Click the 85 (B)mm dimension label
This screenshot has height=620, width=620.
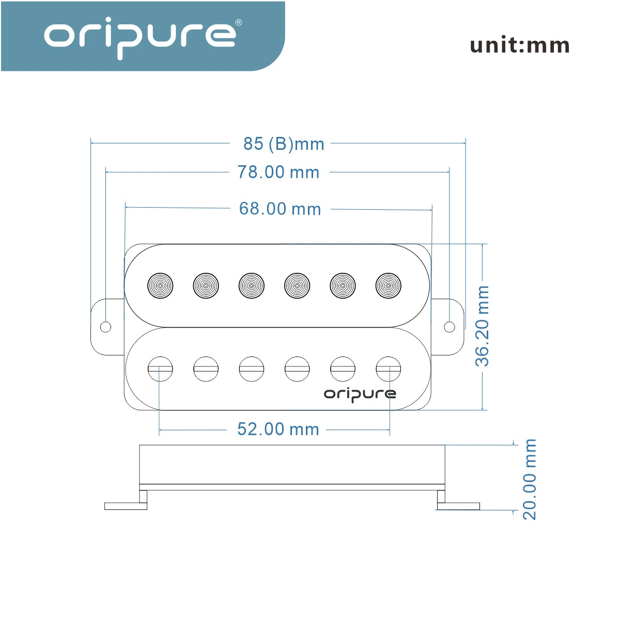(x=284, y=144)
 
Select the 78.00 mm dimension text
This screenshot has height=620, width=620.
(x=278, y=172)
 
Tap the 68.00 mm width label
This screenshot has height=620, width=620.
(x=280, y=209)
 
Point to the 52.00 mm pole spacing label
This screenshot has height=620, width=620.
(x=278, y=429)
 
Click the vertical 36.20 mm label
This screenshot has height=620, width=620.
(x=482, y=326)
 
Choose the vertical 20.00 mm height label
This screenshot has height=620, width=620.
(x=530, y=479)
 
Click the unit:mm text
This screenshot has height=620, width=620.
(x=520, y=45)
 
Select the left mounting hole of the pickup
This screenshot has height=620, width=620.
(x=105, y=327)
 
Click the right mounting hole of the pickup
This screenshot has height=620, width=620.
(x=449, y=327)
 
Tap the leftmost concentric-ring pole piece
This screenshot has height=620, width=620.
(x=160, y=286)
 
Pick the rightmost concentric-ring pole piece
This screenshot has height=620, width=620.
(x=389, y=286)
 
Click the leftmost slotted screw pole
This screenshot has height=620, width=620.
(x=160, y=369)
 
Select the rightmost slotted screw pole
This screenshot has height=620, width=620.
(x=389, y=369)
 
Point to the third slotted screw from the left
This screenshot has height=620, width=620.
(x=252, y=369)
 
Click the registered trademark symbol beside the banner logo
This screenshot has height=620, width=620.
(x=239, y=23)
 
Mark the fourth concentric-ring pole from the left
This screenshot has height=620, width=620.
(x=297, y=286)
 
